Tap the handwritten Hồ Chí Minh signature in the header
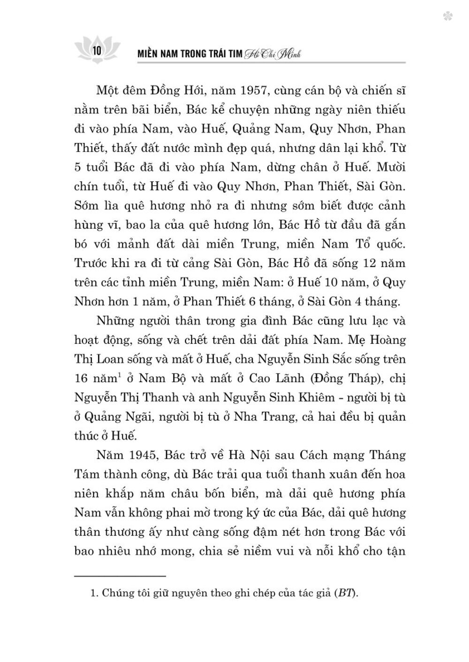[x=272, y=54]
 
